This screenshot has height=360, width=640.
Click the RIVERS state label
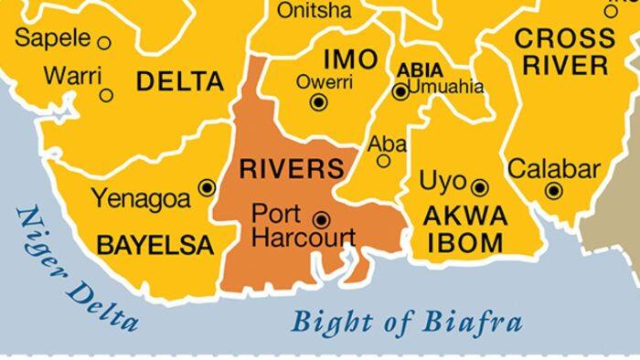[292, 169]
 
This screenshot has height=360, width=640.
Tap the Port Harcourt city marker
[321, 219]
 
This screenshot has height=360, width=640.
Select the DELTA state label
[180, 81]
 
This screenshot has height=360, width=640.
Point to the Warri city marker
[107, 95]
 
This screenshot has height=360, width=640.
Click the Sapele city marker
[104, 42]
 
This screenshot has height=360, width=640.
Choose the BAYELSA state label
[155, 246]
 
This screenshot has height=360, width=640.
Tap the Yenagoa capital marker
[207, 187]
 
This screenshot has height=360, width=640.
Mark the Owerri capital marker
[318, 102]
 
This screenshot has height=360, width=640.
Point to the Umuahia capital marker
[400, 91]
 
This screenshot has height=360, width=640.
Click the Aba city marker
[384, 161]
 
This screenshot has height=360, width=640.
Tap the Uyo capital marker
[480, 188]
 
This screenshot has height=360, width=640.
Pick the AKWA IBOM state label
[464, 229]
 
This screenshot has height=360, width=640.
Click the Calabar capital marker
[553, 191]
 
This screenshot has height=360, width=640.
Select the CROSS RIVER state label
[564, 52]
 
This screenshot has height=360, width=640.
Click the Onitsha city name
[314, 11]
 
